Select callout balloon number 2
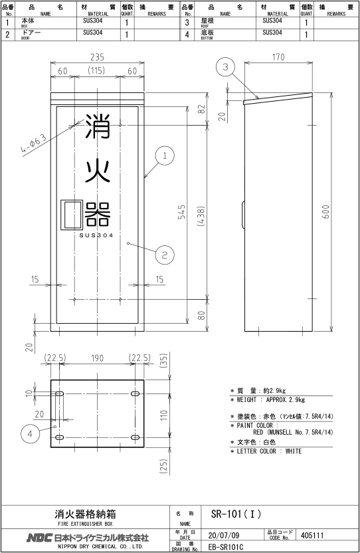(165, 255)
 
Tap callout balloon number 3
(226, 66)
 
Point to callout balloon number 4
(30, 433)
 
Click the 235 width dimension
(98, 57)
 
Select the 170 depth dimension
(278, 56)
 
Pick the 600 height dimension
(326, 211)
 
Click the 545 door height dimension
(181, 211)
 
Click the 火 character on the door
(98, 171)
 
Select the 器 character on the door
(98, 214)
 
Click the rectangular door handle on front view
(72, 215)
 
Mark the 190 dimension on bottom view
(98, 358)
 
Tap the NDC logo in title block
(39, 538)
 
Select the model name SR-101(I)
(236, 514)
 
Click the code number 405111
(312, 535)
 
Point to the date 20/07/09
(224, 535)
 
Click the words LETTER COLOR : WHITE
(269, 451)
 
